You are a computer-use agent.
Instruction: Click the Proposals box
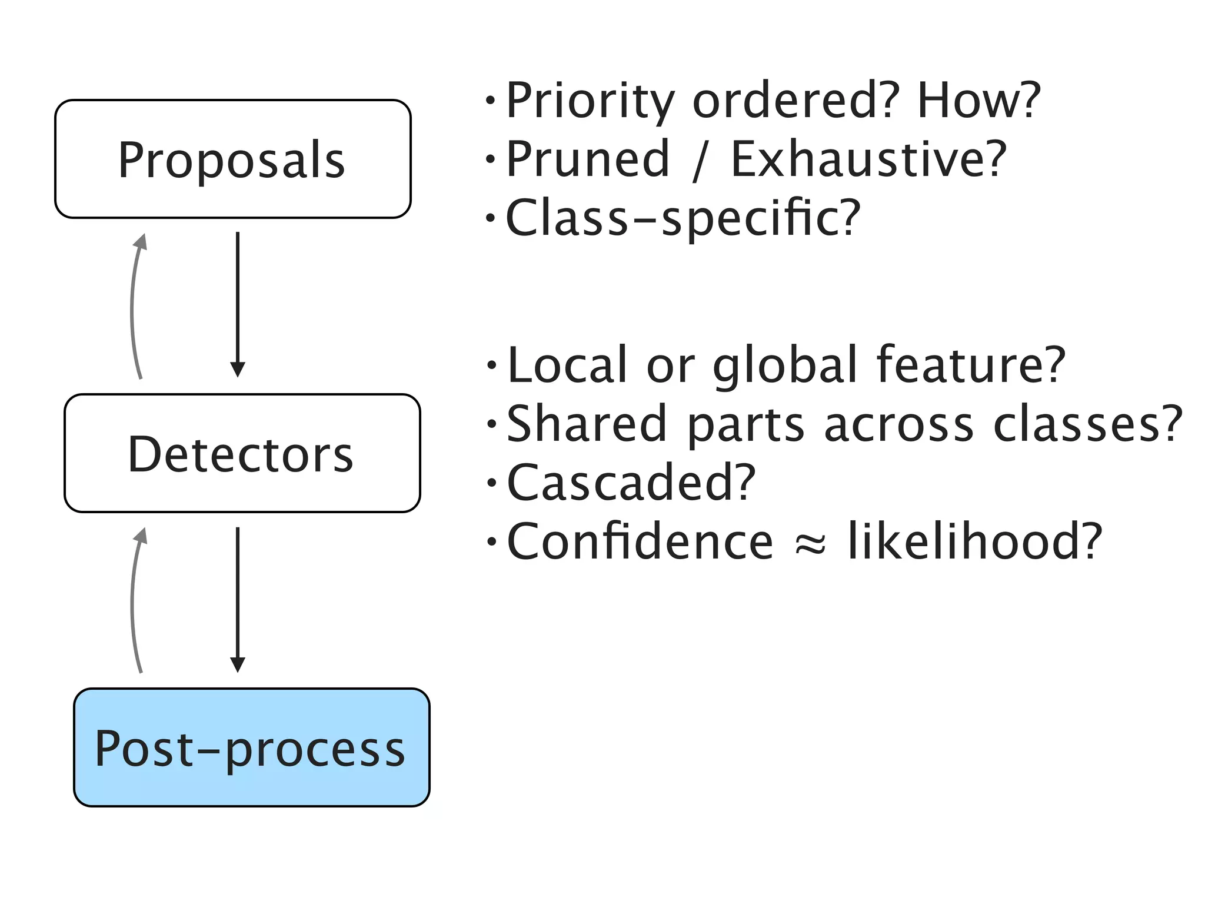click(x=232, y=159)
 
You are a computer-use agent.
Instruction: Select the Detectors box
click(x=242, y=453)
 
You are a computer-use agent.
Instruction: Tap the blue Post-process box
click(x=251, y=747)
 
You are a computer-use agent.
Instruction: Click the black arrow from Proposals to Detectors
click(x=238, y=303)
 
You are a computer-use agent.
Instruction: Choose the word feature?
click(x=971, y=365)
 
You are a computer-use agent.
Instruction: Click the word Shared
click(x=586, y=424)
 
